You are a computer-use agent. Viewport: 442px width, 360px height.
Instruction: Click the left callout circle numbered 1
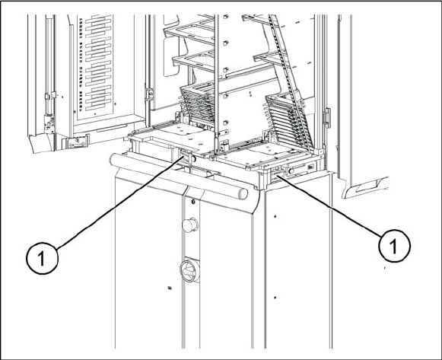coord(43,258)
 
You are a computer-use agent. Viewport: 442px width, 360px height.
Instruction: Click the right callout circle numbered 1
coord(394,246)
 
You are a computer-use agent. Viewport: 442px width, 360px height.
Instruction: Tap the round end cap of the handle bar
coord(243,193)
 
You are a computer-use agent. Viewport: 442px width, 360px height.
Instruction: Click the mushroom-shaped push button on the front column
coord(190,225)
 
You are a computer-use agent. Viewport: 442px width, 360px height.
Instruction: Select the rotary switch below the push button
coord(189,271)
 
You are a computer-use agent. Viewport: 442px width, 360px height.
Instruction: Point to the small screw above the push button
coord(192,202)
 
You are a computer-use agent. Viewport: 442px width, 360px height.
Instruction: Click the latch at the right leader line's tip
coord(277,174)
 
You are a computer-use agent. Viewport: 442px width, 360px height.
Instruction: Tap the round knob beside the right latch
coord(291,170)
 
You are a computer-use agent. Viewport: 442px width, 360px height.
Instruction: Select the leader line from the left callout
coord(119,203)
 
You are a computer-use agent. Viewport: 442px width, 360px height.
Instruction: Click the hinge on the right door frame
coord(326,118)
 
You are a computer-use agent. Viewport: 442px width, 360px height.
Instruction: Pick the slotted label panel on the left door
coord(95,67)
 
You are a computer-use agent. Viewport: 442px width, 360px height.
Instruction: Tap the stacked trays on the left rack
coord(197,103)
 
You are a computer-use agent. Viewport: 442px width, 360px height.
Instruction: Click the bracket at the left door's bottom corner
coord(76,142)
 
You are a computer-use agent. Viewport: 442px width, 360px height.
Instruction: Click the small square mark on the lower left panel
coord(170,288)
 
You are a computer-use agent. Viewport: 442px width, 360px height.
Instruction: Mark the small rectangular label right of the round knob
coord(311,167)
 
